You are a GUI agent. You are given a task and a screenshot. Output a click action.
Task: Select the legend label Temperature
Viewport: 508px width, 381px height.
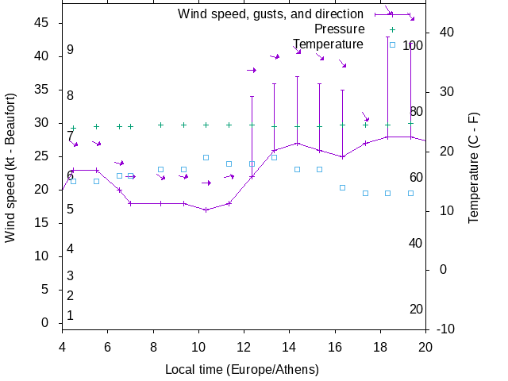click(328, 44)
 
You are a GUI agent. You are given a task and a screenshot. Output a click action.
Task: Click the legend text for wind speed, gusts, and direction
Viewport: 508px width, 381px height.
click(270, 14)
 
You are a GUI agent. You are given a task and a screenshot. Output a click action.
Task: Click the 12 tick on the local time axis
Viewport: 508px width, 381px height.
click(244, 346)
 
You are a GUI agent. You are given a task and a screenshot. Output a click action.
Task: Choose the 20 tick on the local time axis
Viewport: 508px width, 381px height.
click(426, 346)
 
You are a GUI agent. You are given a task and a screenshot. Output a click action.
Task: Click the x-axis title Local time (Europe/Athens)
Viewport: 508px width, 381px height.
click(242, 370)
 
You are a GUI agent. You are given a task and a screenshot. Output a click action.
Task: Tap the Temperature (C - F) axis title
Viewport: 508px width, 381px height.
click(473, 167)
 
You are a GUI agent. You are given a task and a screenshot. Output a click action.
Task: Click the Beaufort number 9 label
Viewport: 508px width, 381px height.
click(70, 50)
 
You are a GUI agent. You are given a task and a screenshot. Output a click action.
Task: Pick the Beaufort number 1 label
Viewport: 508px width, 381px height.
click(70, 316)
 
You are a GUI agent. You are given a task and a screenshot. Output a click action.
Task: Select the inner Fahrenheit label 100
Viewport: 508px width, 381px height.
click(413, 46)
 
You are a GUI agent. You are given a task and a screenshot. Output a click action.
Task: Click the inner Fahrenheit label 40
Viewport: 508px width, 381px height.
click(415, 243)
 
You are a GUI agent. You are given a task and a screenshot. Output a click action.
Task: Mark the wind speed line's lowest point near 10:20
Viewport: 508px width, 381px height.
click(206, 210)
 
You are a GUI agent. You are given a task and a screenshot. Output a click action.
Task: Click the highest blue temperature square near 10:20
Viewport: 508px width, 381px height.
click(206, 157)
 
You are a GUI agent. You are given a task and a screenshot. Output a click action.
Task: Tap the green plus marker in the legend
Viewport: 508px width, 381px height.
click(392, 29)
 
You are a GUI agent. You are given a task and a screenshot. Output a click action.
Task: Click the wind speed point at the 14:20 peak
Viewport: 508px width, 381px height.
click(297, 143)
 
